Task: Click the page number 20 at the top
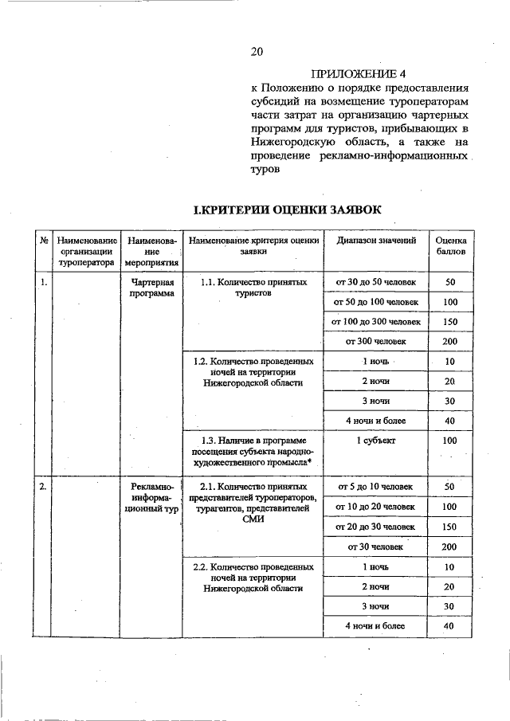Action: tap(256, 52)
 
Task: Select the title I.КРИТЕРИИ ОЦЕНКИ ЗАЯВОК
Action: tap(288, 210)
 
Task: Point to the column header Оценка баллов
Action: tap(450, 245)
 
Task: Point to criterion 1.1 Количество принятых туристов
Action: tap(253, 288)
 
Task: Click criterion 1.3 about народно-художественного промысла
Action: tap(253, 450)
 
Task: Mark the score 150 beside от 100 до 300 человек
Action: tap(450, 321)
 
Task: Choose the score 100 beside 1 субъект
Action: tap(450, 440)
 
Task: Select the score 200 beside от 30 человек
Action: tap(450, 547)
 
